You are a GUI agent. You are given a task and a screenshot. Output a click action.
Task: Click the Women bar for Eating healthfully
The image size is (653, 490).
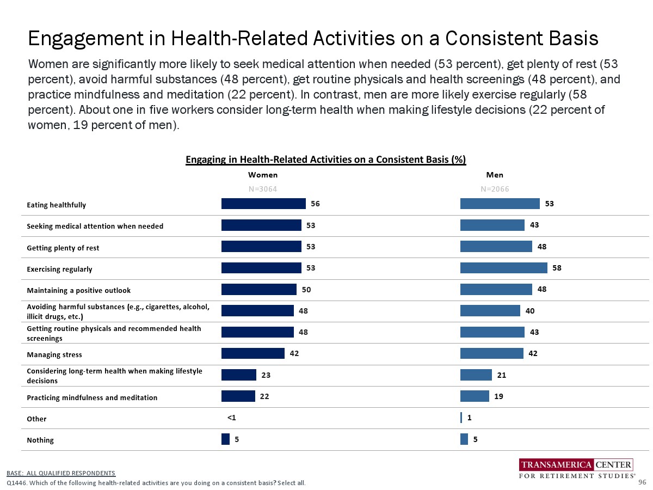263,204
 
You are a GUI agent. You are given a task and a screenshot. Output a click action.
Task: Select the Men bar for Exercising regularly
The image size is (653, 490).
503,268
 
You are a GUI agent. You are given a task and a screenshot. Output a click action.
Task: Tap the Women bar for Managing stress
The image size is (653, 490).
253,353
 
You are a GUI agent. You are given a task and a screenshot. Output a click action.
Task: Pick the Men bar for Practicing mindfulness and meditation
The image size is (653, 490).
475,396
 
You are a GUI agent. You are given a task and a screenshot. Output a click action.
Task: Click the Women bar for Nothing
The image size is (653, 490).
225,439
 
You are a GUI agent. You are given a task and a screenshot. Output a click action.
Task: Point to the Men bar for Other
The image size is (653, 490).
461,418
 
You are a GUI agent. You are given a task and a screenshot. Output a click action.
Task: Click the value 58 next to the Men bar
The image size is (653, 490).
557,268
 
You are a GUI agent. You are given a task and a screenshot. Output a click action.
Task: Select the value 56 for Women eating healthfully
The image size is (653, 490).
315,204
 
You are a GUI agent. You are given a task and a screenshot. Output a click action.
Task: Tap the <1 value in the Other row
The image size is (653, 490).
231,418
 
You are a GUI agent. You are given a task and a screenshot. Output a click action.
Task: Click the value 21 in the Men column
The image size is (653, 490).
501,375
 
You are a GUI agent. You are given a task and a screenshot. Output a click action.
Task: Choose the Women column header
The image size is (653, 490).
263,175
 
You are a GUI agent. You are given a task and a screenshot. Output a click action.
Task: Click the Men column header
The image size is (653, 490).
495,175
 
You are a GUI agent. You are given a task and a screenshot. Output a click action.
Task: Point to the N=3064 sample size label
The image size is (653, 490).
263,189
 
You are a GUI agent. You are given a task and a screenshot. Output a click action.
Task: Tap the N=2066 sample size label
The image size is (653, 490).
495,189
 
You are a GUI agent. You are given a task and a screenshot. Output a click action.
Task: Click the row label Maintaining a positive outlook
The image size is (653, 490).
78,290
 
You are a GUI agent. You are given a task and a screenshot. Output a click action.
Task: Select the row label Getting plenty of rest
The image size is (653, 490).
63,248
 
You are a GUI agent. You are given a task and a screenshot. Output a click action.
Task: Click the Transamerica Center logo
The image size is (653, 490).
576,469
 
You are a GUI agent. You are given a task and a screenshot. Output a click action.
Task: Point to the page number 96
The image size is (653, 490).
642,482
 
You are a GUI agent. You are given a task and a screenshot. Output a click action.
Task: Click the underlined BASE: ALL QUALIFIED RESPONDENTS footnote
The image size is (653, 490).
61,473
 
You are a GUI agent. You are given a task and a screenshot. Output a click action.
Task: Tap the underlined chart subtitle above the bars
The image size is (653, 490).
326,160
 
